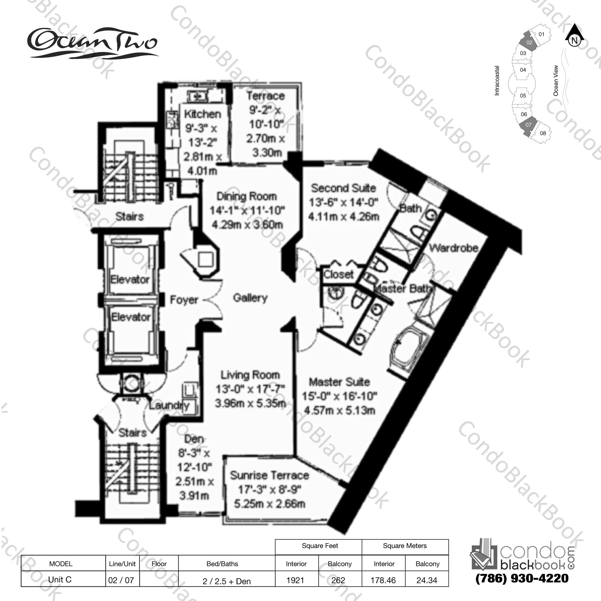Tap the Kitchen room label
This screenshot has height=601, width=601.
click(203, 114)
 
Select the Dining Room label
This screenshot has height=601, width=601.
click(247, 196)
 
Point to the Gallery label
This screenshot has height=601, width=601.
click(250, 298)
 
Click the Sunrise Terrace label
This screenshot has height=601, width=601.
click(269, 476)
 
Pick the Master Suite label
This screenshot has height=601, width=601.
click(339, 382)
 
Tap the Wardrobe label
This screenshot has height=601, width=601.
click(454, 248)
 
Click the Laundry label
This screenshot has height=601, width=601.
click(169, 405)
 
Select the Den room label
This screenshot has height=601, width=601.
click(194, 439)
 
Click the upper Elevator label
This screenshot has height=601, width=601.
click(130, 279)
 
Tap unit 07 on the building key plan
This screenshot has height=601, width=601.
click(528, 125)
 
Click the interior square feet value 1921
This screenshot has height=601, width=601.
click(295, 580)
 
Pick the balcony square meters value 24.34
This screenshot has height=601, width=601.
click(427, 580)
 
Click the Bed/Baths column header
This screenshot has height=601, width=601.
click(222, 563)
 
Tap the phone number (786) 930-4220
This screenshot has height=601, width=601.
click(522, 578)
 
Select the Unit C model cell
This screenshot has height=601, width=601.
click(60, 579)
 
